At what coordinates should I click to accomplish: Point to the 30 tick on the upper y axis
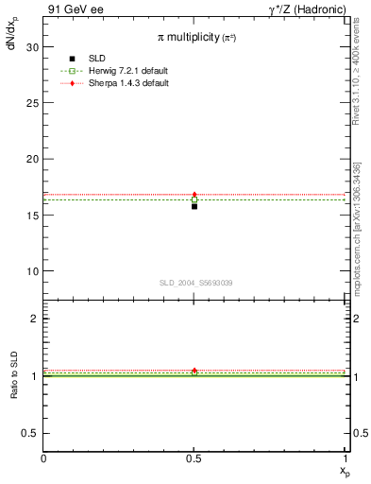click(32, 46)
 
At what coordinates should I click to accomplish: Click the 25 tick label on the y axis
click(32, 103)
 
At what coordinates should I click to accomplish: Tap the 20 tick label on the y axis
click(32, 159)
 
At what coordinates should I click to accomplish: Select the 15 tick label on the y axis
click(32, 215)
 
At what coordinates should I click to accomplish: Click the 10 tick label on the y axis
click(32, 271)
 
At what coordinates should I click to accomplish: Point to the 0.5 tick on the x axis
click(194, 458)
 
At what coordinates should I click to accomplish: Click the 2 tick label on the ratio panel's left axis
click(34, 319)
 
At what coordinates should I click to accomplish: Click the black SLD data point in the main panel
click(194, 206)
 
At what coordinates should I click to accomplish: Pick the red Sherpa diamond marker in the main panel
click(194, 195)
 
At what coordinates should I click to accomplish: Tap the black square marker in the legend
click(73, 59)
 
